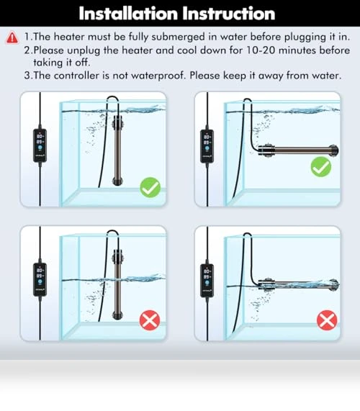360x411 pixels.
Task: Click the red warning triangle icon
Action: (12, 37)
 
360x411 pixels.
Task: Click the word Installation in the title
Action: (128, 14)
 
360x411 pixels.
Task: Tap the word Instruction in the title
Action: (229, 14)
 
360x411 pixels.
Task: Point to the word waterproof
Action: (158, 76)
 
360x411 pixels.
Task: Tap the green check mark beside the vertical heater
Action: (150, 187)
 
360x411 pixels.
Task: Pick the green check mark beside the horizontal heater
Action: (321, 167)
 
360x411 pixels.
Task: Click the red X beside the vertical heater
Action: (150, 320)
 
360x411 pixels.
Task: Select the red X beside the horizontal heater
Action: (327, 320)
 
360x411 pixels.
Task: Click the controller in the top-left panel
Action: (40, 145)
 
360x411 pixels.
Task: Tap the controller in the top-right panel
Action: (207, 146)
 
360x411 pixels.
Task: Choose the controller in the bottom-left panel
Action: (40, 279)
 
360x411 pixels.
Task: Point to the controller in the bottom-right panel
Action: (207, 281)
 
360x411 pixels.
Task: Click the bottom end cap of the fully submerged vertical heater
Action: (117, 181)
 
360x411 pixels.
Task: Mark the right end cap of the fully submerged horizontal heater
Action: (334, 150)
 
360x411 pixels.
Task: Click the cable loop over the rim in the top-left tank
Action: (112, 98)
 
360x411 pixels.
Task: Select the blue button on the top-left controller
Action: (40, 148)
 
